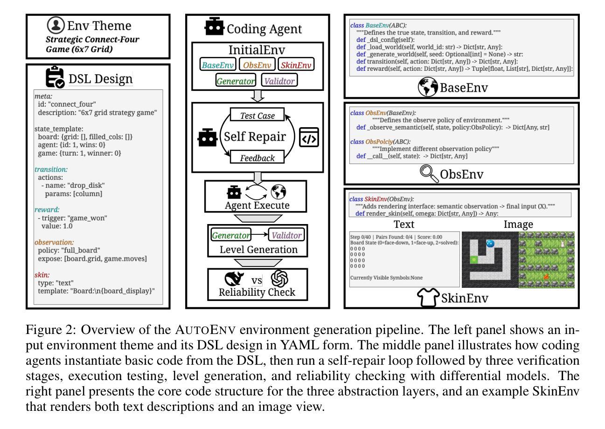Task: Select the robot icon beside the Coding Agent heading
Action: click(215, 27)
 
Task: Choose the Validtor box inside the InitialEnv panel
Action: click(279, 81)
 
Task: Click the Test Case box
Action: click(257, 115)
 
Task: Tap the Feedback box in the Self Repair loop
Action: click(257, 157)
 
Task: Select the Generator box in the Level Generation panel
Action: click(227, 233)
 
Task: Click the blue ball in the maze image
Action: click(490, 243)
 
